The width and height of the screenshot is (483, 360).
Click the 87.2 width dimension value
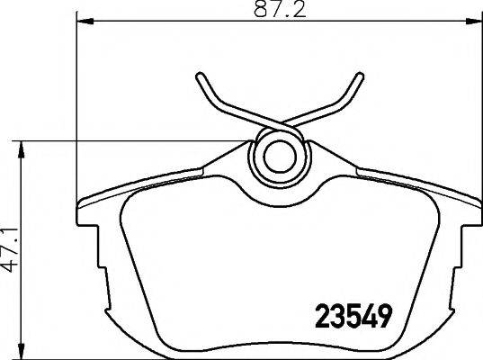[x=280, y=10]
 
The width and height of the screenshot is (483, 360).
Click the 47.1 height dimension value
[x=10, y=250]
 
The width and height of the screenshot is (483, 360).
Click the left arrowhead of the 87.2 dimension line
[x=85, y=21]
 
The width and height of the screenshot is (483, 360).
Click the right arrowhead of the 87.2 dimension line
[x=473, y=21]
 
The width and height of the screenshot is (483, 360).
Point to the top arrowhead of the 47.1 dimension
[x=21, y=149]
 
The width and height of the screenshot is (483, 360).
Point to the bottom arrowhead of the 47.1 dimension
[x=21, y=351]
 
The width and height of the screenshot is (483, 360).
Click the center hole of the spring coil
[x=280, y=157]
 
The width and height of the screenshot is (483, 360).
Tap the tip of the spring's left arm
[x=200, y=76]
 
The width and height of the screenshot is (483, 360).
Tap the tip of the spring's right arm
[x=360, y=76]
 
